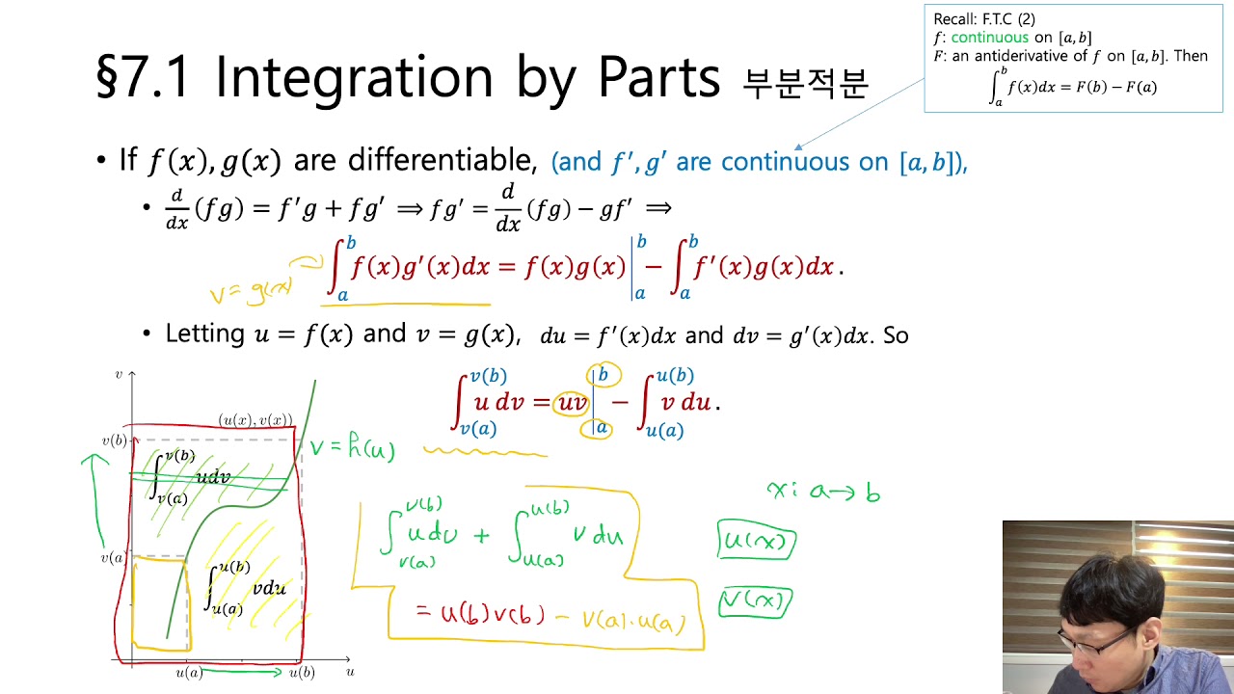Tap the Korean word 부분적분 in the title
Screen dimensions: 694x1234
coord(805,83)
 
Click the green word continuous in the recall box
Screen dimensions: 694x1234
coord(990,38)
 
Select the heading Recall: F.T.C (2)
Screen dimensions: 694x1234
coord(984,19)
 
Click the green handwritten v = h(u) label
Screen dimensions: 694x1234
coord(352,448)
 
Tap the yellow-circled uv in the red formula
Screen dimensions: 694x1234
coord(572,403)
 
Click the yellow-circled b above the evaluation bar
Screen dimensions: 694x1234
coord(604,374)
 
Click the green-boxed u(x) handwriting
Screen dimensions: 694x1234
coord(757,542)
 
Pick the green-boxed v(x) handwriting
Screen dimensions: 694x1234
coord(756,603)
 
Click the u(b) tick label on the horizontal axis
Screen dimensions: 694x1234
coord(302,673)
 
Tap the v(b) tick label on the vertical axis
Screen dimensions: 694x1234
coord(115,441)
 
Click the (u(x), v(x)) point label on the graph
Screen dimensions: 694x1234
coord(255,420)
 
